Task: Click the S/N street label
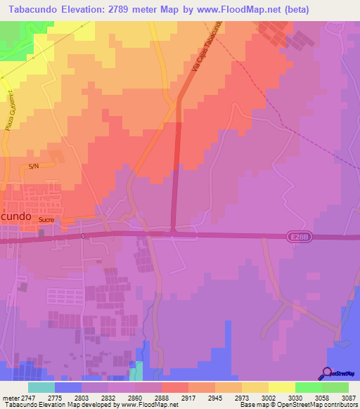33,167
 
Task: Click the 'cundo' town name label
15,217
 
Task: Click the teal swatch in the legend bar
41,387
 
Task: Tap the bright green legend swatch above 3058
309,387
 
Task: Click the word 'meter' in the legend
10,398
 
